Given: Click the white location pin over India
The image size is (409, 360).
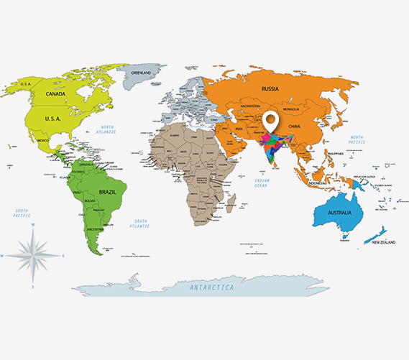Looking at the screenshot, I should pos(271,123).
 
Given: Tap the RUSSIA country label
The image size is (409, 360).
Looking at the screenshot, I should pos(270,89).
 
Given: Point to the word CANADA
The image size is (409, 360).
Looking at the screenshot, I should pos(56,94).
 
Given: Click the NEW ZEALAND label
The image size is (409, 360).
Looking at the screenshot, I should pos(385,242).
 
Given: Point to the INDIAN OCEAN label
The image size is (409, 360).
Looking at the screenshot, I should pos(260,185).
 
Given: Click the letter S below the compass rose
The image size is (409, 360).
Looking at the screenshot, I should pos(33,287).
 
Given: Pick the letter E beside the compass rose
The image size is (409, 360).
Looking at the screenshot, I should pos(63,256).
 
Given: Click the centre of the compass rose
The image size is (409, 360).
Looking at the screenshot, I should pos(33,255).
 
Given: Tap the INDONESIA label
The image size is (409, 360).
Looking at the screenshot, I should pos(318,183).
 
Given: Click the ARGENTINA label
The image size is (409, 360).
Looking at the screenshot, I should pos(94,229).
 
